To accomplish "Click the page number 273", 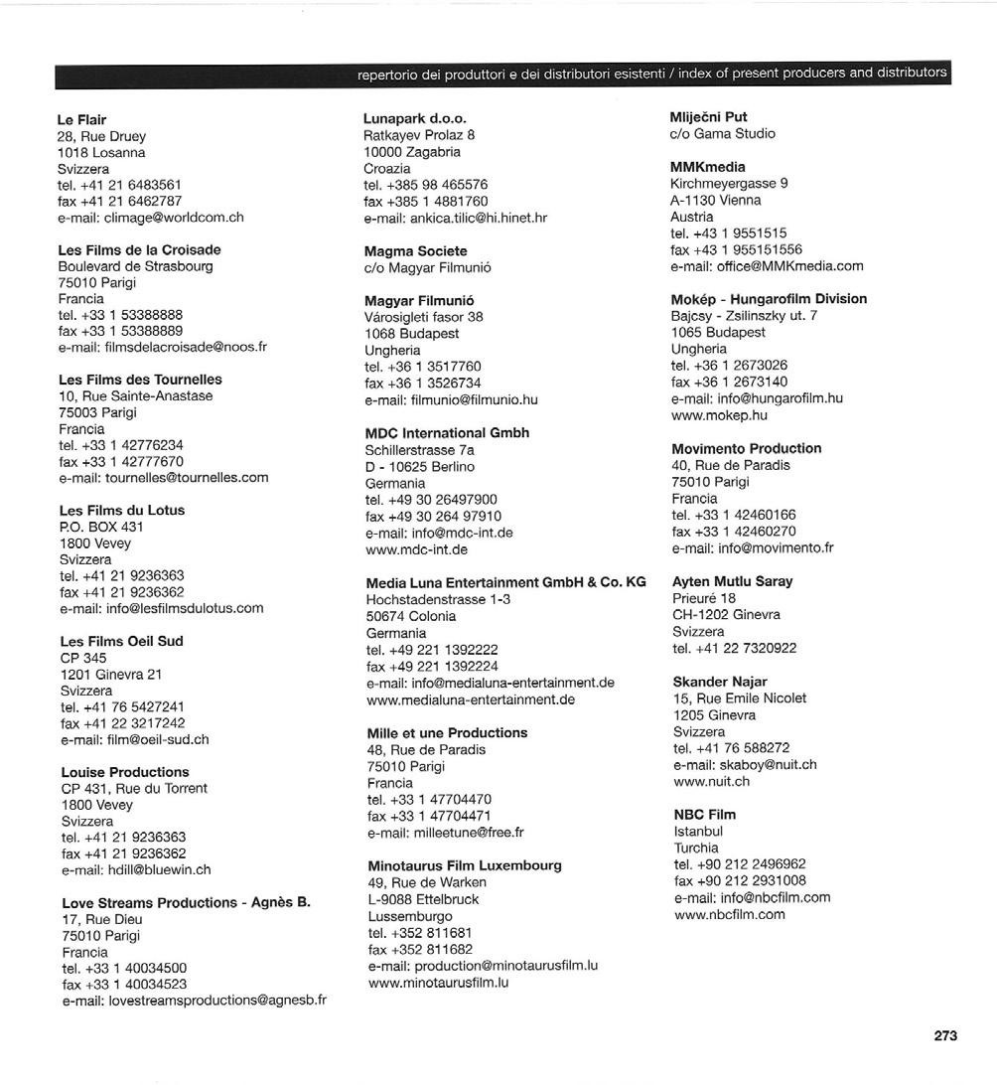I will pos(945,1035).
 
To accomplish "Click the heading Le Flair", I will pos(82,119).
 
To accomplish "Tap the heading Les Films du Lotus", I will pos(121,510).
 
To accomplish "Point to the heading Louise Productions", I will pos(124,772).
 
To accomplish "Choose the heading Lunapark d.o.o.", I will pos(415,118).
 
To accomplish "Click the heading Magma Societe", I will pos(415,251).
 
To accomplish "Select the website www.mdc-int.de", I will pos(417,548).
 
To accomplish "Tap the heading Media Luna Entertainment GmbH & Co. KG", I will pos(505,583).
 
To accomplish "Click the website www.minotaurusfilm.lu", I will pos(438,983).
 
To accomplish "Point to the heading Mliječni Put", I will pos(709,117).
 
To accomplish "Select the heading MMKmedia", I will pos(707,167).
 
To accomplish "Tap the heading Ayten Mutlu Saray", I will pos(732,581).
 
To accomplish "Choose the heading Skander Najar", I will pos(720,682).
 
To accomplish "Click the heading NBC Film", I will pos(704,815).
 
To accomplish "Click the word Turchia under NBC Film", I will pos(696,848).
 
